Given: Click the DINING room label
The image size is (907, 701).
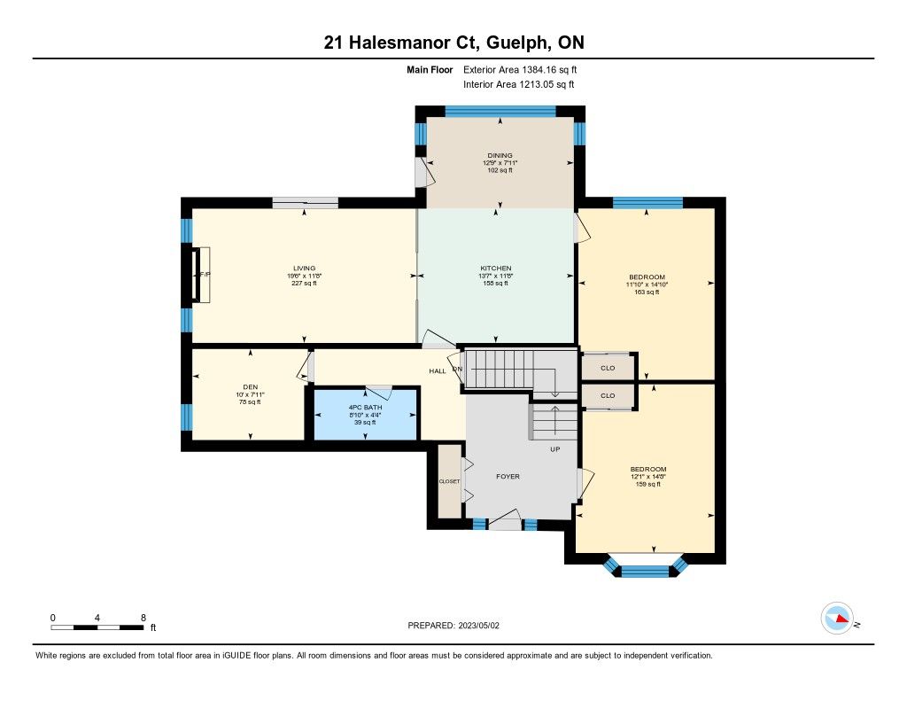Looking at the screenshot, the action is click(500, 155).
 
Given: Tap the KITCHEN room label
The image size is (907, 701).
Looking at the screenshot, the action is click(496, 268).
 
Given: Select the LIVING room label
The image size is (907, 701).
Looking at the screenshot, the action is click(305, 268).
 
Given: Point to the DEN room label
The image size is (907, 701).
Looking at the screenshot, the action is click(251, 386).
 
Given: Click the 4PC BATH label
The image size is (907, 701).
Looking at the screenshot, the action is click(365, 408).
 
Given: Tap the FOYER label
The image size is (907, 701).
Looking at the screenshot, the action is click(508, 477).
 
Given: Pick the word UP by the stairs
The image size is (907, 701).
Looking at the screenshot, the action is click(554, 449).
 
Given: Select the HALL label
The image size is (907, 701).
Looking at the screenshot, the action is click(438, 371).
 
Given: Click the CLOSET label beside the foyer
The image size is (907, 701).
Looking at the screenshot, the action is click(449, 481).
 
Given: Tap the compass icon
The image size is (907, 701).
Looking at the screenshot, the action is click(838, 619).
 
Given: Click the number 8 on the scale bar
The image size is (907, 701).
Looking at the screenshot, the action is click(143, 618).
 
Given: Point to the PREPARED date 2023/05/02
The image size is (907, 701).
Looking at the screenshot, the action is click(479, 625).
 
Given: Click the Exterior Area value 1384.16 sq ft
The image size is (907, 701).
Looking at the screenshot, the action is click(549, 69).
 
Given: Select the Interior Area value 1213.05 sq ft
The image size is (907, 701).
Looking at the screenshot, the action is click(547, 84).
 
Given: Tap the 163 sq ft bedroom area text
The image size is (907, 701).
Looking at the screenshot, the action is click(647, 292).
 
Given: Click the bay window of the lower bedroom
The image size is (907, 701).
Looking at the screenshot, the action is click(645, 567).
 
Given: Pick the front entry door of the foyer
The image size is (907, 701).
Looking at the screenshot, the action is click(505, 520).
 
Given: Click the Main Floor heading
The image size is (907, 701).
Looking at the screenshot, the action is click(430, 69).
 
